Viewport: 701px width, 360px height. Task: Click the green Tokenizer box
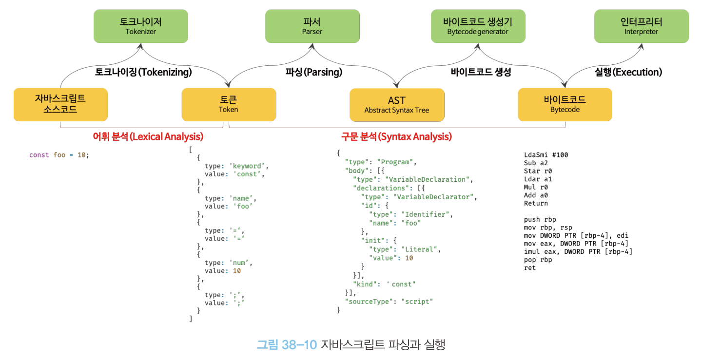(140, 26)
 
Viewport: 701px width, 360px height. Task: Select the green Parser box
(312, 26)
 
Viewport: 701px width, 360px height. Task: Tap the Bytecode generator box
(478, 26)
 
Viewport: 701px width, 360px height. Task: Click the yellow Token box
(228, 104)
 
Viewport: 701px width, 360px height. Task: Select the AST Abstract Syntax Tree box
(397, 105)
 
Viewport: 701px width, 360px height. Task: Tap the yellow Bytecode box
(565, 104)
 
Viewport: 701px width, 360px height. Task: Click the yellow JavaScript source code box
(60, 104)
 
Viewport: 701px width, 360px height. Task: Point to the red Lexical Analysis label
(148, 137)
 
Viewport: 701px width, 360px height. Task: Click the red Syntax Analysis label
(396, 137)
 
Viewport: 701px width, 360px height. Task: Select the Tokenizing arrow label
(143, 73)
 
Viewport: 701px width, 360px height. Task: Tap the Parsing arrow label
(314, 73)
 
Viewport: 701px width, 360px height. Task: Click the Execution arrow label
(628, 73)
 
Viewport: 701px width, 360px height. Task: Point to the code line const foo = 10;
(59, 155)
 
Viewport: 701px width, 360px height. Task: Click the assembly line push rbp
(540, 220)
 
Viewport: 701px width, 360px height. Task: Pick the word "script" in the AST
(417, 302)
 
